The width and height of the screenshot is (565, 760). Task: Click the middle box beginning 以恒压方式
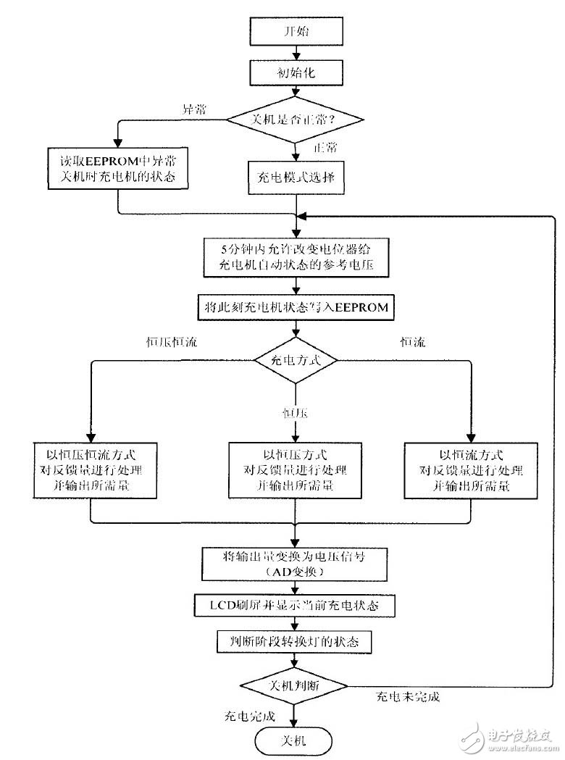click(x=295, y=470)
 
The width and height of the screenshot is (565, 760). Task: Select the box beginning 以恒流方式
click(x=471, y=470)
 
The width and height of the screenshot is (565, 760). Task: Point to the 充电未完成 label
click(x=407, y=698)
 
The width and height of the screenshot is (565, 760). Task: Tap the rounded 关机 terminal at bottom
click(x=294, y=740)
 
